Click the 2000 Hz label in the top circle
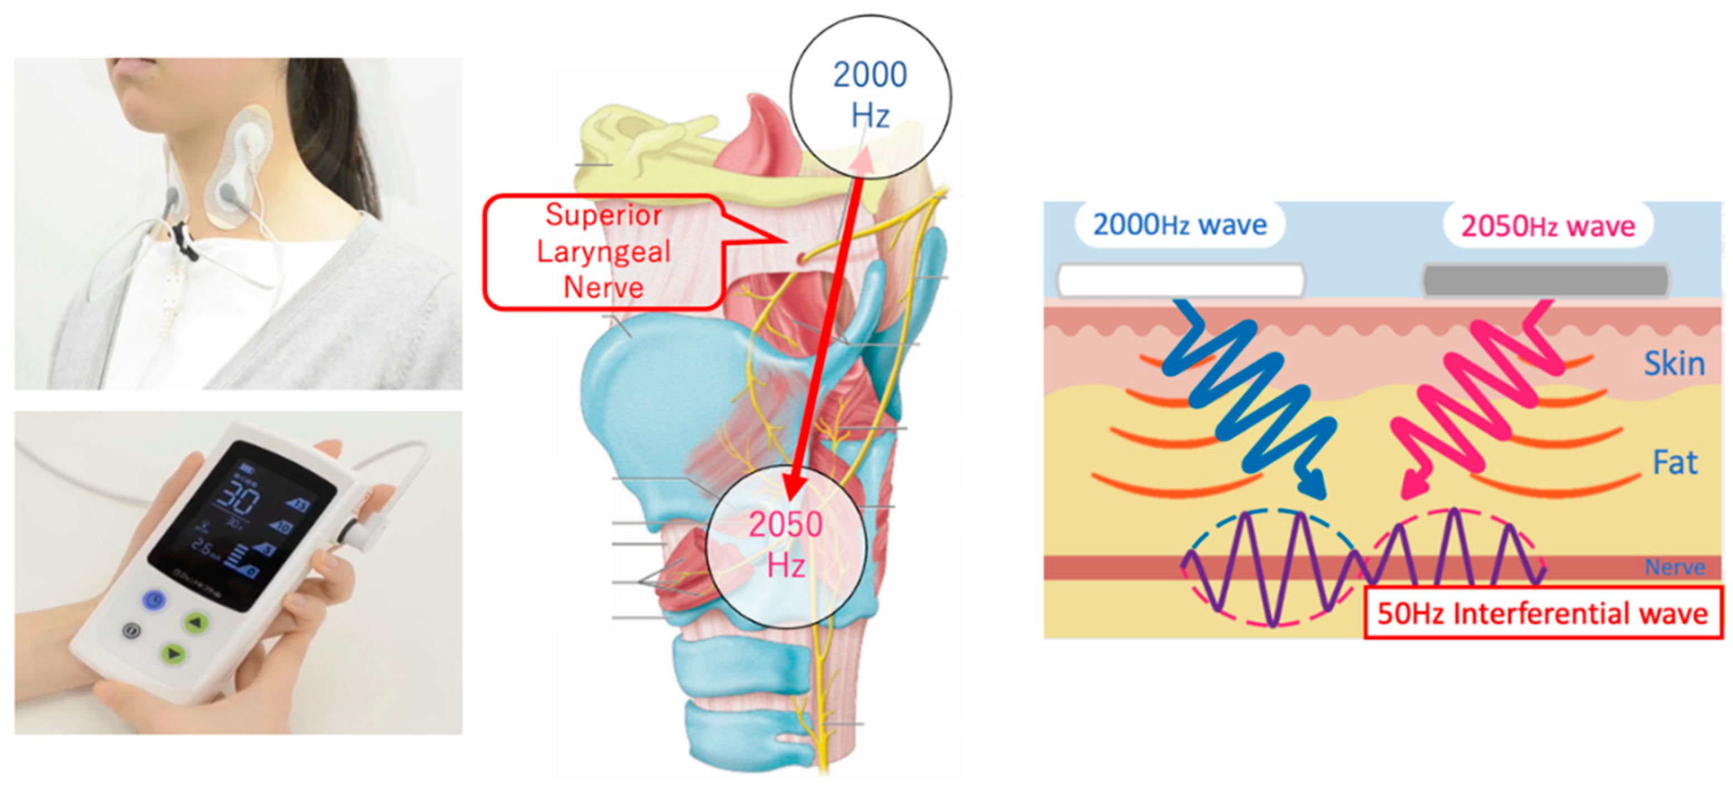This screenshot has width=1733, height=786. [x=870, y=94]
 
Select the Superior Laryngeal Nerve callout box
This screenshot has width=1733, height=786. [x=603, y=252]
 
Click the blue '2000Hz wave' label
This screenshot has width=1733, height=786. [x=1179, y=225]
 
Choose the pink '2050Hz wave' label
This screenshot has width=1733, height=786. [x=1547, y=226]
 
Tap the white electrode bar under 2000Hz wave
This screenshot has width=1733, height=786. [x=1180, y=279]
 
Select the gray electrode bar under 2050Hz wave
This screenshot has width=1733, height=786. [x=1546, y=279]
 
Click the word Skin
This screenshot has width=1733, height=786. [x=1674, y=364]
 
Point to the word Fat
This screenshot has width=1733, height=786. [x=1675, y=463]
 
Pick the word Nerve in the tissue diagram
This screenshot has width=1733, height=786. [x=1674, y=567]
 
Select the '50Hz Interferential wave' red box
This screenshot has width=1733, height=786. [x=1542, y=613]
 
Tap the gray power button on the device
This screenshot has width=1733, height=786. [x=131, y=631]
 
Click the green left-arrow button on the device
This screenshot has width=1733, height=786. [x=195, y=623]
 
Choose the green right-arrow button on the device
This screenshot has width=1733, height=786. [x=173, y=653]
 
